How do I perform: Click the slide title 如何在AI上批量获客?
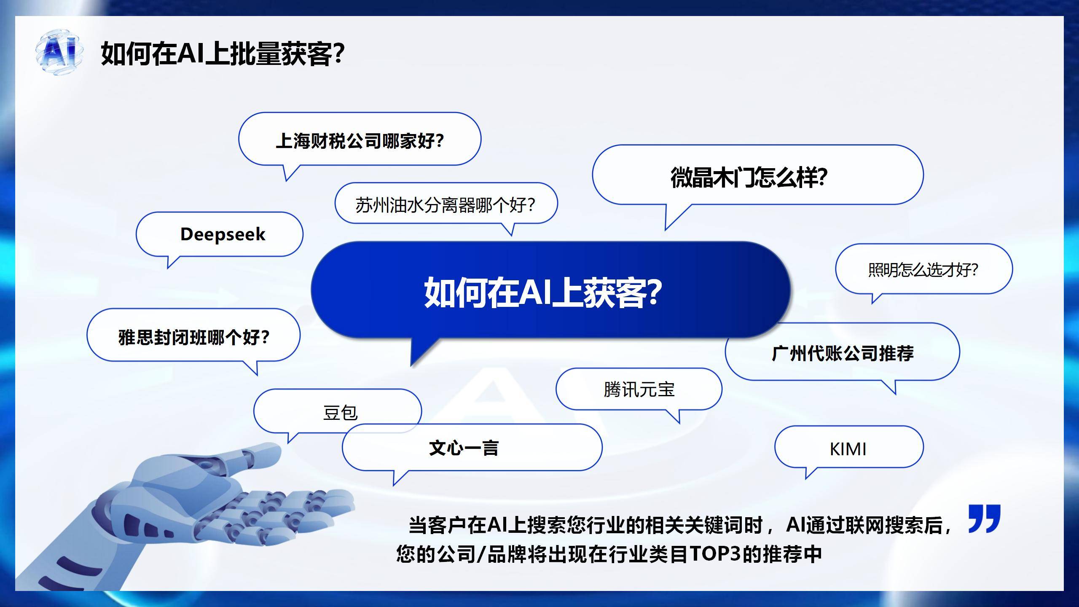(x=223, y=54)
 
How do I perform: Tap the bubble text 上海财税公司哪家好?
(x=360, y=141)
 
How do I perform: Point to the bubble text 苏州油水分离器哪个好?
(x=446, y=205)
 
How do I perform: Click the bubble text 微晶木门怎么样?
(x=749, y=177)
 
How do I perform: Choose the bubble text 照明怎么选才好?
(x=923, y=270)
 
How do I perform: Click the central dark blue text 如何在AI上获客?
(x=543, y=292)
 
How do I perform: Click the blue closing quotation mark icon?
(x=984, y=518)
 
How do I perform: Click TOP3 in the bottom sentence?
(x=715, y=553)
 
